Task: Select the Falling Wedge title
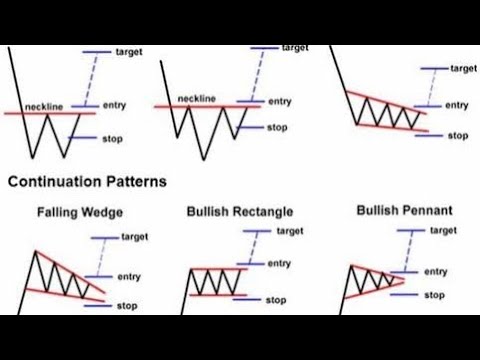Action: (x=74, y=212)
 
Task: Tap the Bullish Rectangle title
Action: (x=239, y=212)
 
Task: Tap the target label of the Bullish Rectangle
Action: (x=291, y=231)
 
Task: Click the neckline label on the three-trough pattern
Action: (x=195, y=98)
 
